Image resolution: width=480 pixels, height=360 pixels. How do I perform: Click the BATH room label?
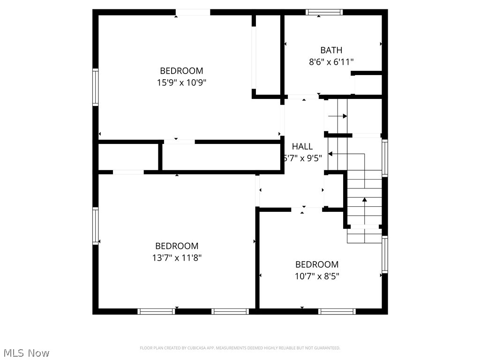point(331,50)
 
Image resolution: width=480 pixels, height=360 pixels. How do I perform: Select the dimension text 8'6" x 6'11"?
point(331,61)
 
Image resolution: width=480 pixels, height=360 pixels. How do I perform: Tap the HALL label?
point(302,147)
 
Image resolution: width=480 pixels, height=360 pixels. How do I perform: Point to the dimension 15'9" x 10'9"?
point(182,82)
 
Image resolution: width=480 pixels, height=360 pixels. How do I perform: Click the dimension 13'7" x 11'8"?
point(177,257)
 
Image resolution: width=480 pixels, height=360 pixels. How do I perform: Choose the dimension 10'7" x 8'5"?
point(317,276)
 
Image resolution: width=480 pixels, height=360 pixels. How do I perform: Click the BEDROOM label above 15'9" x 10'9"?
point(182,71)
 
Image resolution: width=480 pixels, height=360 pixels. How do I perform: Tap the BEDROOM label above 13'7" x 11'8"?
point(177,246)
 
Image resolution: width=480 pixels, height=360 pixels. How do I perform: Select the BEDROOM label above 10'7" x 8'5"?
point(317,264)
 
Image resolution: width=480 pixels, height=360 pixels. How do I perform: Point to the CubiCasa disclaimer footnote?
point(240,348)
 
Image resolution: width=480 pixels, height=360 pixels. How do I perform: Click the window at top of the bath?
point(324,12)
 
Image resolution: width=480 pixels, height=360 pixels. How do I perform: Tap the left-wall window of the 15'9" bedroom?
point(96,87)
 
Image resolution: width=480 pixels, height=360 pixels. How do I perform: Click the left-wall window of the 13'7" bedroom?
point(96,226)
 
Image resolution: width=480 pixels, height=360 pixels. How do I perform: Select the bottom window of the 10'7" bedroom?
point(337,311)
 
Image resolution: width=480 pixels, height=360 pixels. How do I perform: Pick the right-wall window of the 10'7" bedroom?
point(385,255)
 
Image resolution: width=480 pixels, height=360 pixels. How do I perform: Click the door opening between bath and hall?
point(303,97)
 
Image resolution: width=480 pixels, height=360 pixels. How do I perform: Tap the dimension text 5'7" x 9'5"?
point(302,158)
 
